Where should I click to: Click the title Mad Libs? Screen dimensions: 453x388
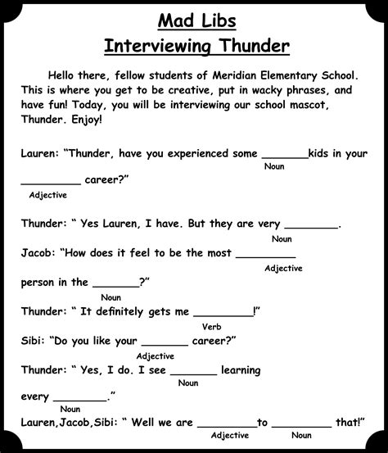194,19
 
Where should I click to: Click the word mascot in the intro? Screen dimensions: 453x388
344,105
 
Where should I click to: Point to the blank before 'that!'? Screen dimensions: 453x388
301,424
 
